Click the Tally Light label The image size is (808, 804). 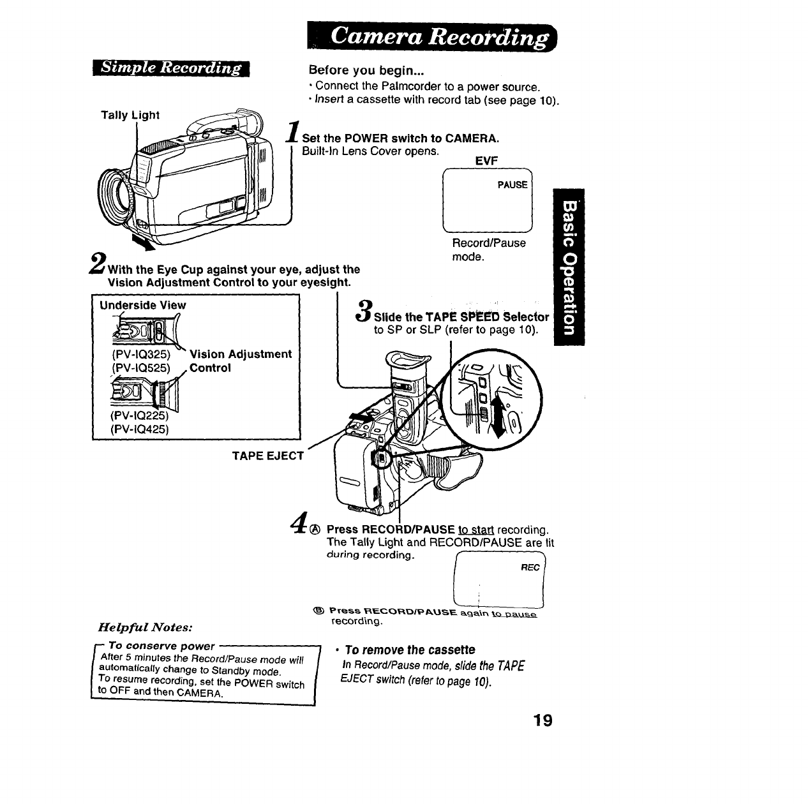pos(130,115)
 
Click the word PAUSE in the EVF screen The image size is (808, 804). pos(512,185)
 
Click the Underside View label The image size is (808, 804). pos(142,305)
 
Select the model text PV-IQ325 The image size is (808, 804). pos(141,354)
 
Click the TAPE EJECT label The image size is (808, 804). pos(267,456)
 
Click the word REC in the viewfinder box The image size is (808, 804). pos(530,567)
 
